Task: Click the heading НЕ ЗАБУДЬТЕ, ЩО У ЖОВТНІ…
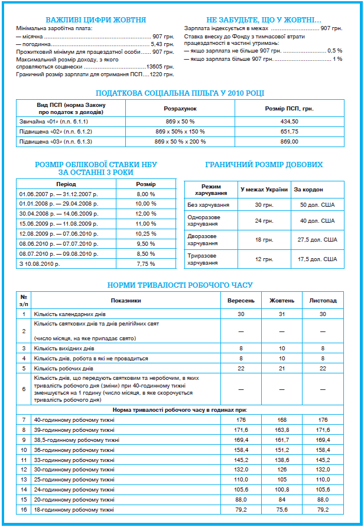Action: tap(264, 19)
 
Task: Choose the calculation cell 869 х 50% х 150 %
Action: tap(180, 131)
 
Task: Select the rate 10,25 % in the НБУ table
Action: tap(145, 233)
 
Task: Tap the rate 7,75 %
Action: tap(145, 263)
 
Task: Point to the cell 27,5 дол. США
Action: tap(317, 240)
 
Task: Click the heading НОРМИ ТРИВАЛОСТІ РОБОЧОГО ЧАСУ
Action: tap(180, 285)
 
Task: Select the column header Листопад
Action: tap(323, 300)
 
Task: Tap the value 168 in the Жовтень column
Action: tap(282, 419)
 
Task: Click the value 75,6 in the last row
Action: tap(282, 509)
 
